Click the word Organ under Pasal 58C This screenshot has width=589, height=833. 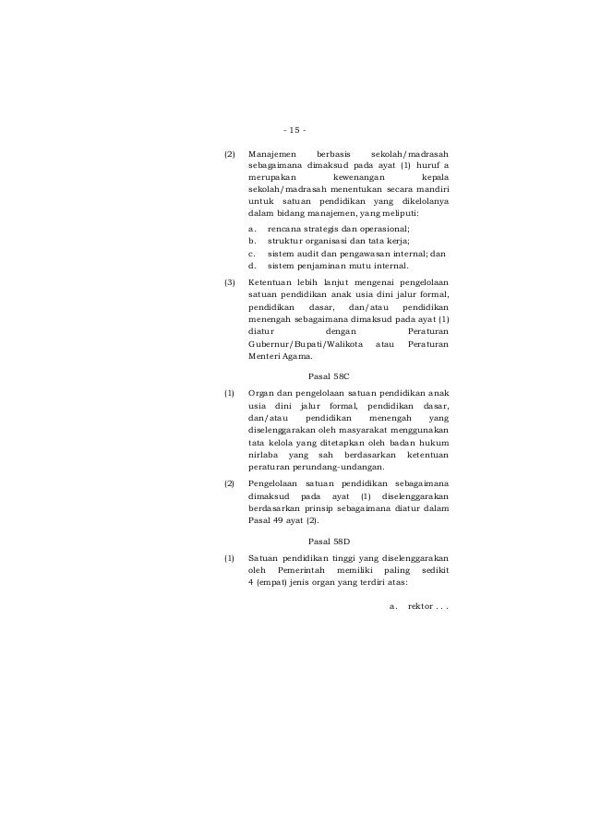pos(262,394)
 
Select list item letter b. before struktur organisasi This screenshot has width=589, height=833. pos(252,240)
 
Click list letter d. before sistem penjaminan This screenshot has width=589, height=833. pos(252,265)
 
